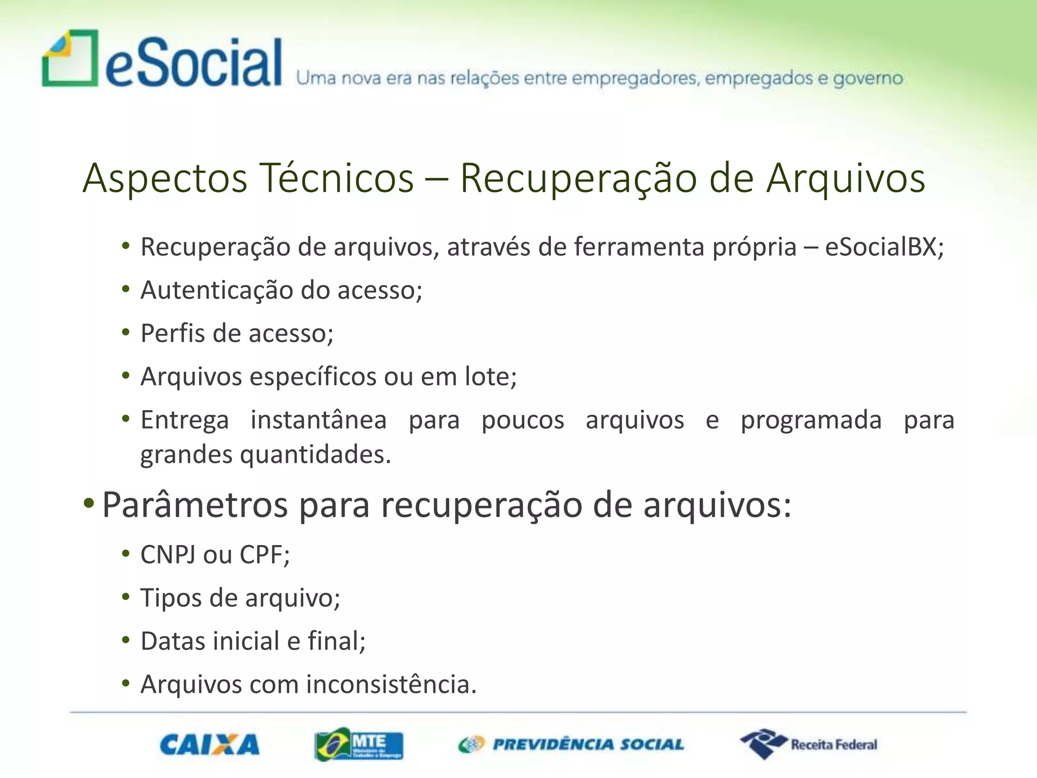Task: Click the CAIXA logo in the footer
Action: (x=209, y=745)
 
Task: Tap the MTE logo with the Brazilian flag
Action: (x=358, y=745)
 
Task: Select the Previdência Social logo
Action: (x=571, y=745)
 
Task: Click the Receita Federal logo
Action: (x=809, y=744)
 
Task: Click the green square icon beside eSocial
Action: (x=70, y=59)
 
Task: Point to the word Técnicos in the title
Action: (x=337, y=178)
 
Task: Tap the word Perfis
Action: (x=172, y=334)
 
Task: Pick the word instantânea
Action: (x=318, y=420)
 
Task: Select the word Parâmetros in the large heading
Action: (x=195, y=505)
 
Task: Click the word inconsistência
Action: (x=391, y=684)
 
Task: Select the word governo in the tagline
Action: (x=868, y=79)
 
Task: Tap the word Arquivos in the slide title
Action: (x=845, y=178)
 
